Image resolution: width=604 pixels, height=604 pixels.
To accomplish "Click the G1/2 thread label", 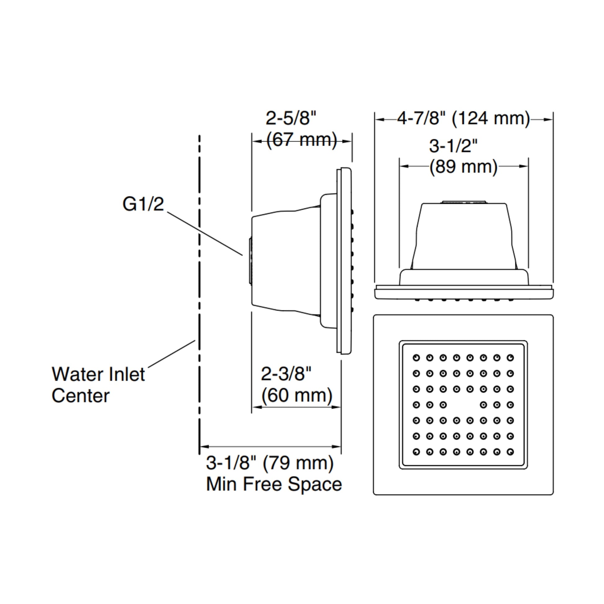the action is coord(143,204).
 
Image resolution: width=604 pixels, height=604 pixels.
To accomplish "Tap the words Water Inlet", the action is coord(98,374).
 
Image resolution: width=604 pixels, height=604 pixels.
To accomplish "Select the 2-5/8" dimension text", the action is coord(291,118).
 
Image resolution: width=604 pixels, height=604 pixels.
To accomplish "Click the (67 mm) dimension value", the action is coord(302,140).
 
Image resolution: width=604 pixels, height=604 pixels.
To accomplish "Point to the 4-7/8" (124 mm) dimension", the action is coord(464,119).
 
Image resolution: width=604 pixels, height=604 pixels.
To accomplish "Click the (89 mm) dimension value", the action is coord(463,167).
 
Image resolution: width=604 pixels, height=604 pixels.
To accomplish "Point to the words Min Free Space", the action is coord(274,484).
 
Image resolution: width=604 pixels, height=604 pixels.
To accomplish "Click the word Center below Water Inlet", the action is coord(81,396).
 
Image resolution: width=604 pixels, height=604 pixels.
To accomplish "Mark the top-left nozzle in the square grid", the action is coord(416,358).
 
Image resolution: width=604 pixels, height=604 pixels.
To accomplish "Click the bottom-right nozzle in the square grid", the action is coord(510,452).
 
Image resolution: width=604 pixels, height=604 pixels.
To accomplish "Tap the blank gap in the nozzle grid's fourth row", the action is coord(463,405).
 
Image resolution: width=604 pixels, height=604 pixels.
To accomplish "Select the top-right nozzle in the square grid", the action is coord(510,358).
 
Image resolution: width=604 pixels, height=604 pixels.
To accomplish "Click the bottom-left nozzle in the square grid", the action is coord(416,452).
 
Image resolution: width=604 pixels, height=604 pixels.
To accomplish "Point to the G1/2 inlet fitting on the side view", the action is coord(250,261).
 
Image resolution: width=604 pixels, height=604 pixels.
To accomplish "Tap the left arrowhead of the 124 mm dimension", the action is coord(379,119).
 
